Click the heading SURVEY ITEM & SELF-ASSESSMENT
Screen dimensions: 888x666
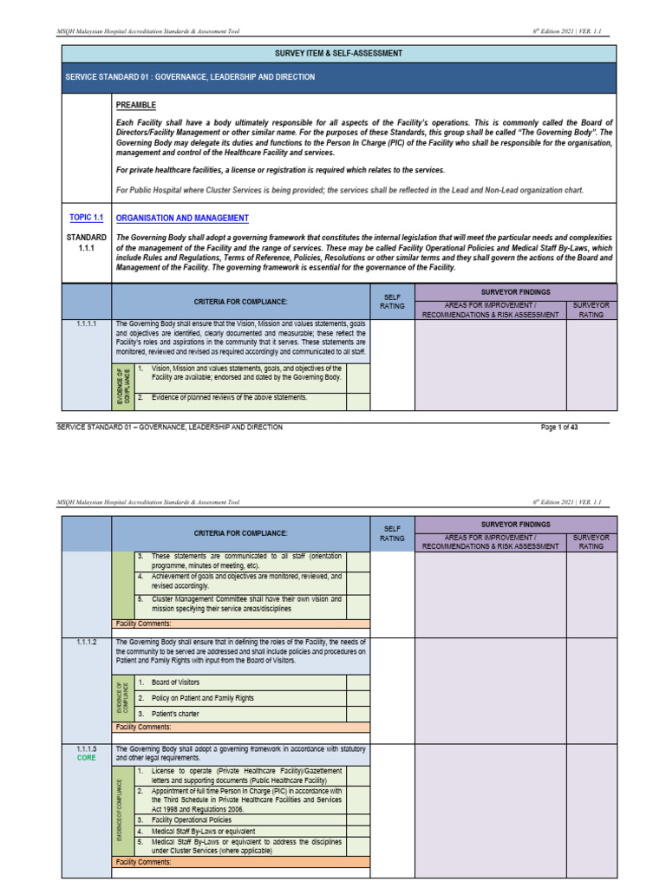(x=338, y=53)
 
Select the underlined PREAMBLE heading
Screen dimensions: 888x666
(x=136, y=105)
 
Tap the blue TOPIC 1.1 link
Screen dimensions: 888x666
(x=86, y=218)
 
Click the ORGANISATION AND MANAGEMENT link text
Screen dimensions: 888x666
(x=182, y=219)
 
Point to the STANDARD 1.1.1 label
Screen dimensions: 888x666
(x=86, y=243)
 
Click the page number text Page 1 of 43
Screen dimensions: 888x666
(x=565, y=428)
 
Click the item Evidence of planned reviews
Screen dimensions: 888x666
(x=229, y=397)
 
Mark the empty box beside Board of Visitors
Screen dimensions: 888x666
(x=357, y=682)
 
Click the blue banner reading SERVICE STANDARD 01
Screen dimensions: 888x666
(x=338, y=77)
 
